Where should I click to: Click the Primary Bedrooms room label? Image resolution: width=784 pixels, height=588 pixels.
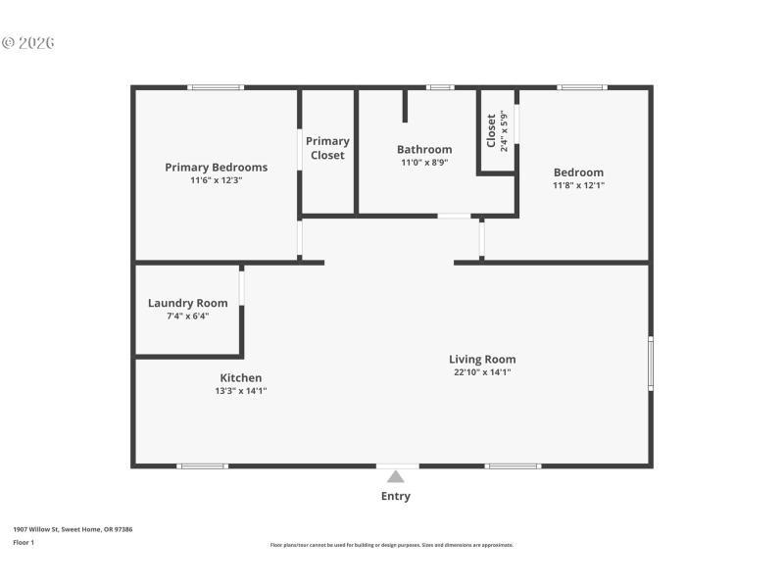tap(216, 168)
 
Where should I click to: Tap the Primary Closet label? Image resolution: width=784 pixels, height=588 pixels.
tap(327, 148)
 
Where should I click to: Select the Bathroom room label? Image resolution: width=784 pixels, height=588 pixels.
tap(424, 150)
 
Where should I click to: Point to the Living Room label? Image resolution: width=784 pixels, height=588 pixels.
tap(482, 360)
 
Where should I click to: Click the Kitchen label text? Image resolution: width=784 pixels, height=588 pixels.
tap(240, 378)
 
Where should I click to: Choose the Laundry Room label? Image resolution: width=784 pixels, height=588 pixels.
tap(187, 303)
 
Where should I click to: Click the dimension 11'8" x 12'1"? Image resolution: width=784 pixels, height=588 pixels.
tap(578, 185)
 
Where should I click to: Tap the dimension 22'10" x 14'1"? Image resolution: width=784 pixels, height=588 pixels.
tap(482, 372)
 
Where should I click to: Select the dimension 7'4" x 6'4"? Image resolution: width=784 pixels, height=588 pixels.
tap(187, 316)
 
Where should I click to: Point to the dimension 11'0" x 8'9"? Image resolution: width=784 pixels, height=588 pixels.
tap(424, 163)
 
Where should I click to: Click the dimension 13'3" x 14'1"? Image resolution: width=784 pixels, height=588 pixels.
tap(240, 391)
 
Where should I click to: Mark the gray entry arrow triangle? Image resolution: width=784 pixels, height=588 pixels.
tap(395, 476)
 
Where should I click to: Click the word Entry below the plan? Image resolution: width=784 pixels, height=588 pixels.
tap(396, 496)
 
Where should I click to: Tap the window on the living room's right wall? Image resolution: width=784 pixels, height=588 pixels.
tap(650, 365)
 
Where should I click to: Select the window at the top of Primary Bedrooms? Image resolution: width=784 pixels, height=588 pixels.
tap(217, 87)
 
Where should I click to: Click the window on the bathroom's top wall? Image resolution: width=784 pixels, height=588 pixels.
tap(440, 87)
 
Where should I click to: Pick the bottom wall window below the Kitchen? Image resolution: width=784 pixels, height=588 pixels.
tap(203, 465)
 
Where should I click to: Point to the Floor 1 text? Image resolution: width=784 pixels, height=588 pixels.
tap(24, 542)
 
